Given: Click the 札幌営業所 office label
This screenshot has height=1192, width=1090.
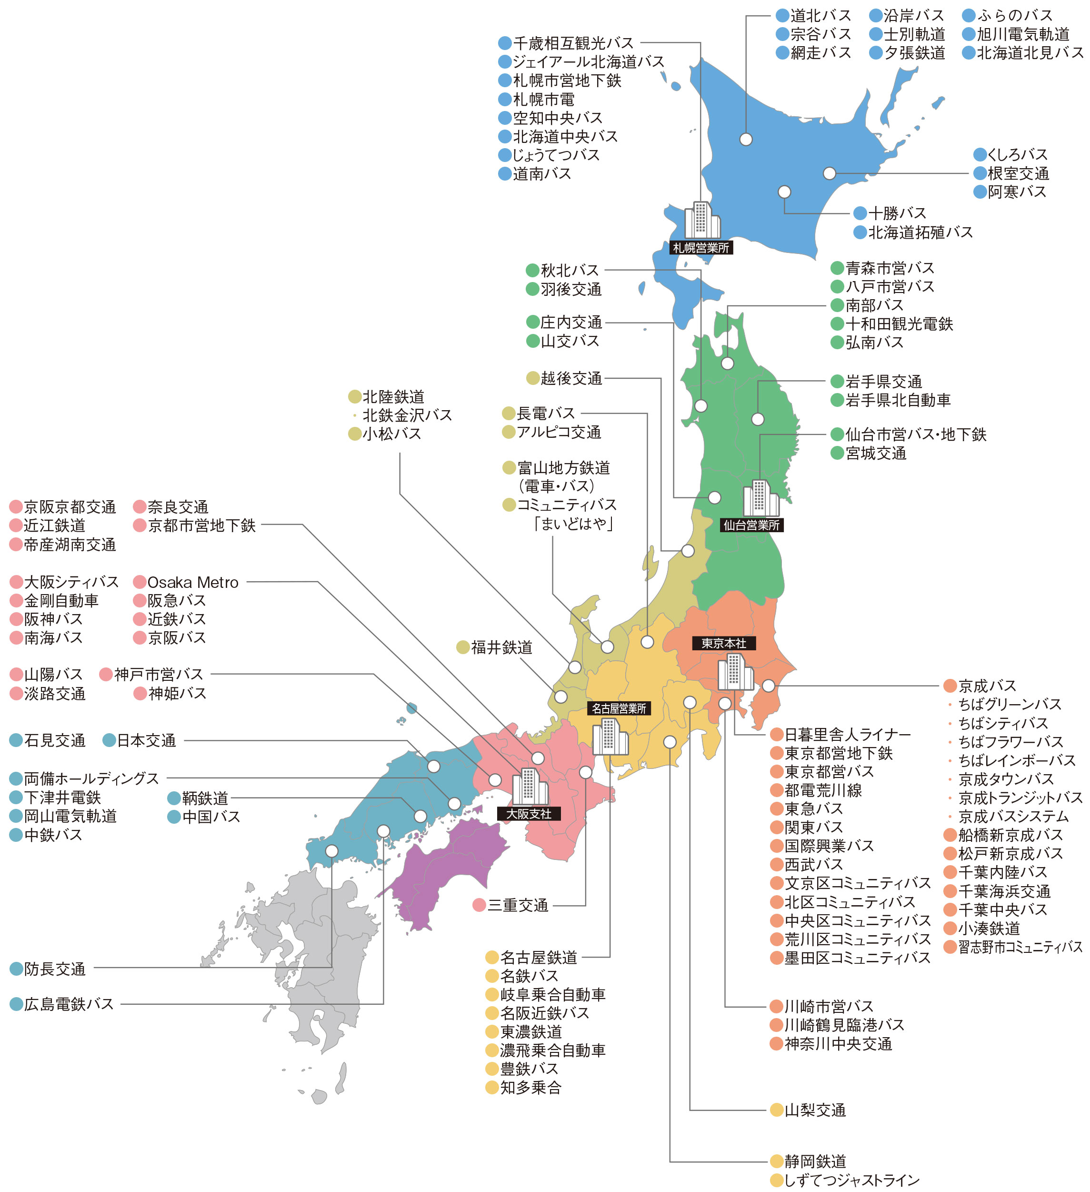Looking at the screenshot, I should [700, 248].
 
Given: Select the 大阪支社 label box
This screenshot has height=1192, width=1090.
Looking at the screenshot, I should [529, 814].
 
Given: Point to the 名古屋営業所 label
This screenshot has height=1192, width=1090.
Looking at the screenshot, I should [619, 708].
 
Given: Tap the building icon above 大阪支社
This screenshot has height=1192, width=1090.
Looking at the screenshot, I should [530, 787].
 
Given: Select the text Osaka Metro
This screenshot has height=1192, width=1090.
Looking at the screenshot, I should [193, 582].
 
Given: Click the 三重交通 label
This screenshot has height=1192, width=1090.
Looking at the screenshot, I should [517, 905].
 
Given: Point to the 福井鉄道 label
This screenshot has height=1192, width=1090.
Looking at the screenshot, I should [501, 647].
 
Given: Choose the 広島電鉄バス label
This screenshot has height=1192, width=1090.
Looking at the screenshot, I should [69, 1004].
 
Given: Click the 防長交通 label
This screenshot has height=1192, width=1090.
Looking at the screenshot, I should [54, 969].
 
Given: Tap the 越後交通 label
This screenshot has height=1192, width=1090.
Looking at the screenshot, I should [571, 378].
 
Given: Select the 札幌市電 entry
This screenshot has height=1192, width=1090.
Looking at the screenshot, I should [543, 99].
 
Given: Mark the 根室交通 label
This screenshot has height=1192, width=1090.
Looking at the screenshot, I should [1018, 173].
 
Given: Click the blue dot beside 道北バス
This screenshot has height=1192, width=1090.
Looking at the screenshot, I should [783, 15].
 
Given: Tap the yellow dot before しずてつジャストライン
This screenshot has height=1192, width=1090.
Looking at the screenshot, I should [777, 1180].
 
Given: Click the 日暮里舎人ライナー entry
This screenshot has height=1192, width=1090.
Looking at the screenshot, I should [847, 734].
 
